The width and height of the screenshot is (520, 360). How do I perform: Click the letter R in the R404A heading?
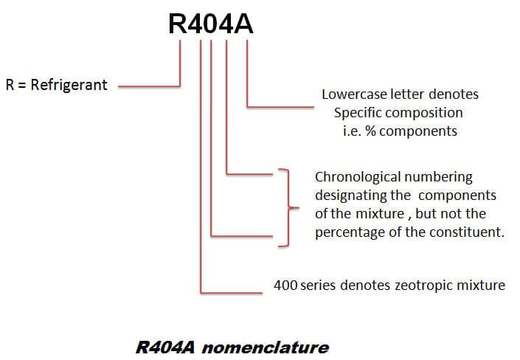point(180,24)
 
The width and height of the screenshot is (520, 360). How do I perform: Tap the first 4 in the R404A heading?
point(200,24)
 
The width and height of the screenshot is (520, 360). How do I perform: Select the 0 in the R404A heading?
point(219,24)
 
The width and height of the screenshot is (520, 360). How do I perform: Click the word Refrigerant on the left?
point(69,85)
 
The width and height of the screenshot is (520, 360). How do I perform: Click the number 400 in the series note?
point(285,285)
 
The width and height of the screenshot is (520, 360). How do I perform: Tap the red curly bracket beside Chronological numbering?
point(288,207)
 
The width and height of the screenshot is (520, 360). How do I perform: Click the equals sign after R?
point(22,85)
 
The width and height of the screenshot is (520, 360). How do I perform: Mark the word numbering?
point(436,177)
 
